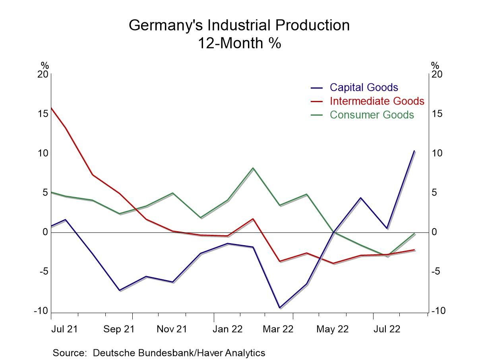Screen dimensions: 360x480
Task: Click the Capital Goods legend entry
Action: pyautogui.click(x=364, y=87)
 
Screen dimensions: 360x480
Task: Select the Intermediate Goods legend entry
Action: pyautogui.click(x=377, y=101)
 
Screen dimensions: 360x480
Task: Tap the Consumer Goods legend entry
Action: pyautogui.click(x=372, y=115)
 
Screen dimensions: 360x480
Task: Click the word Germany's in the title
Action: pyautogui.click(x=166, y=25)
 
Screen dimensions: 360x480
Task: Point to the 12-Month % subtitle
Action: pyautogui.click(x=239, y=43)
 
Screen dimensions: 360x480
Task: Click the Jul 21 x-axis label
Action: pyautogui.click(x=64, y=329)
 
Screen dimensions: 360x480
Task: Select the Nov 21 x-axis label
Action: pyautogui.click(x=172, y=329)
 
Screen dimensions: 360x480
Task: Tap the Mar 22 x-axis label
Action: pyautogui.click(x=278, y=329)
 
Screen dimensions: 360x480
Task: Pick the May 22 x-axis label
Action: pyautogui.click(x=332, y=329)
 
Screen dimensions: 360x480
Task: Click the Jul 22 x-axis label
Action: pyautogui.click(x=385, y=329)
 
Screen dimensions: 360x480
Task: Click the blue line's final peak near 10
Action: pyautogui.click(x=415, y=151)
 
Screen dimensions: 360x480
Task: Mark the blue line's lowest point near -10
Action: pyautogui.click(x=279, y=308)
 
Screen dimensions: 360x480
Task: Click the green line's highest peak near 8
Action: pyautogui.click(x=253, y=168)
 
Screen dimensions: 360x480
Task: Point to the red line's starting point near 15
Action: pyautogui.click(x=51, y=108)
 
